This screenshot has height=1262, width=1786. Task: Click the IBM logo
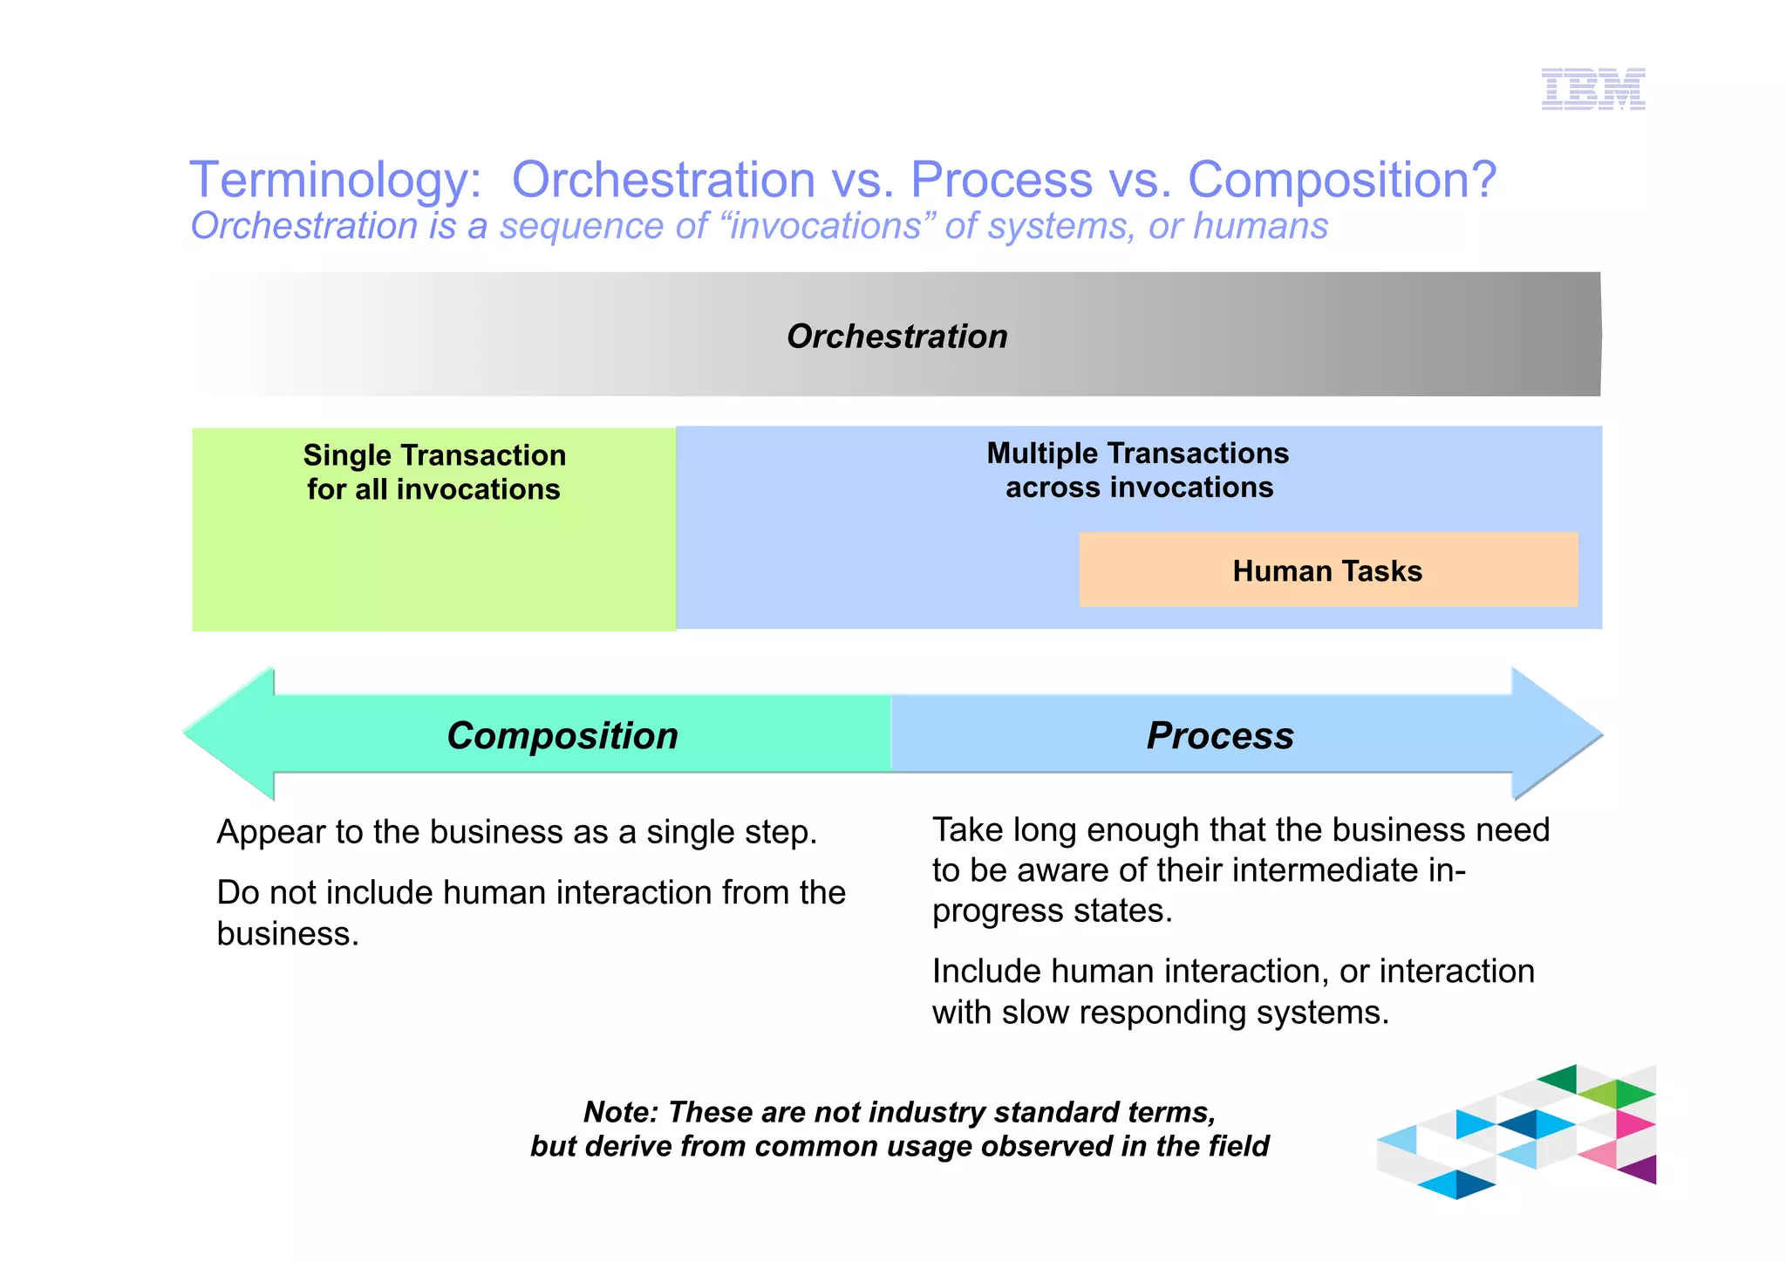click(1592, 89)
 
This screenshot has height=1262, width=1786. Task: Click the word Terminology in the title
click(335, 180)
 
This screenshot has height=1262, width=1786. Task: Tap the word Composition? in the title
click(1341, 180)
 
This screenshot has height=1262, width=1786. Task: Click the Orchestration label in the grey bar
click(896, 337)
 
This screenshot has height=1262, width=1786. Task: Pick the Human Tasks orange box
click(1327, 570)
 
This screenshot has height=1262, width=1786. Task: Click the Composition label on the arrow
click(562, 735)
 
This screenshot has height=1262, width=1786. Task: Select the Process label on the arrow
click(1219, 735)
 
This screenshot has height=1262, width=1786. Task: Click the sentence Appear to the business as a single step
click(516, 832)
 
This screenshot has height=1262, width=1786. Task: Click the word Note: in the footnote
click(620, 1112)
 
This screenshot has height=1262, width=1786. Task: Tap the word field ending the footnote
click(1238, 1146)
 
